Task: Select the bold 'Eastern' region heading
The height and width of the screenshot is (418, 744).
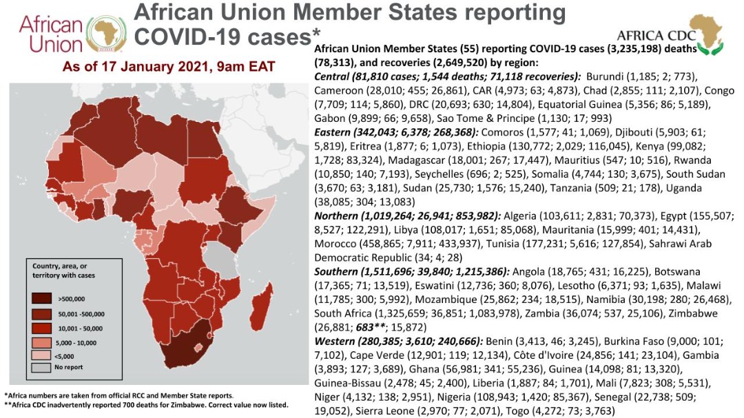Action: pos(334,131)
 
